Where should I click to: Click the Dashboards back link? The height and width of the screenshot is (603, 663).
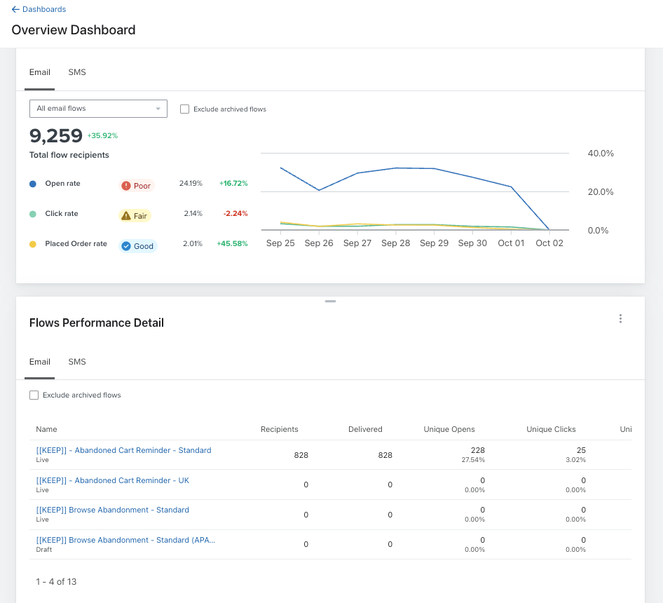click(x=39, y=9)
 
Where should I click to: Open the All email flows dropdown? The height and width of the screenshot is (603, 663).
click(x=98, y=109)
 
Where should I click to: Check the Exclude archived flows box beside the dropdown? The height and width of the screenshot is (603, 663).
click(x=184, y=109)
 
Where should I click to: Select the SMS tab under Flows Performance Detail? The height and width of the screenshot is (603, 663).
click(x=77, y=362)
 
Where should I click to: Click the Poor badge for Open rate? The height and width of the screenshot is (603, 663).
click(x=137, y=186)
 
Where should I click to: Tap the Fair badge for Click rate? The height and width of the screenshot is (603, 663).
click(x=135, y=216)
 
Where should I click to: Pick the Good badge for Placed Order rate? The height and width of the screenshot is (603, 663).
click(x=138, y=246)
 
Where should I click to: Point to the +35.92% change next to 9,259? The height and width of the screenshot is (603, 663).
click(x=102, y=136)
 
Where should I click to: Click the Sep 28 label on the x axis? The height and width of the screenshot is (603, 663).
click(x=395, y=243)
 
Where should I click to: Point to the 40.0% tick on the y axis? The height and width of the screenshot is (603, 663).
click(x=601, y=153)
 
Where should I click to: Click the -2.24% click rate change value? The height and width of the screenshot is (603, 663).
click(x=235, y=214)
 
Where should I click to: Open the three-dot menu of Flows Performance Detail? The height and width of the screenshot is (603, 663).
click(x=620, y=318)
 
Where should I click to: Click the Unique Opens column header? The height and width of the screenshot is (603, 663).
click(x=449, y=429)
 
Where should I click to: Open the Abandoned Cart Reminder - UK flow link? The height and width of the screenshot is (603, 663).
click(x=112, y=480)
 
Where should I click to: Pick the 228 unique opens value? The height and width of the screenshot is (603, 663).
click(x=478, y=450)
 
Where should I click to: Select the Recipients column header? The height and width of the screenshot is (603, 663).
click(x=279, y=429)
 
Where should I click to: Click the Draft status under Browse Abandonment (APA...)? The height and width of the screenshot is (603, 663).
click(x=44, y=549)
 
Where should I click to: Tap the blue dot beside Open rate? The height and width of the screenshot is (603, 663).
click(x=32, y=184)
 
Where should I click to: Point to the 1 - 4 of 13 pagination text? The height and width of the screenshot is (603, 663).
click(x=56, y=582)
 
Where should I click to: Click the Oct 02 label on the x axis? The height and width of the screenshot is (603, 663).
click(x=549, y=243)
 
